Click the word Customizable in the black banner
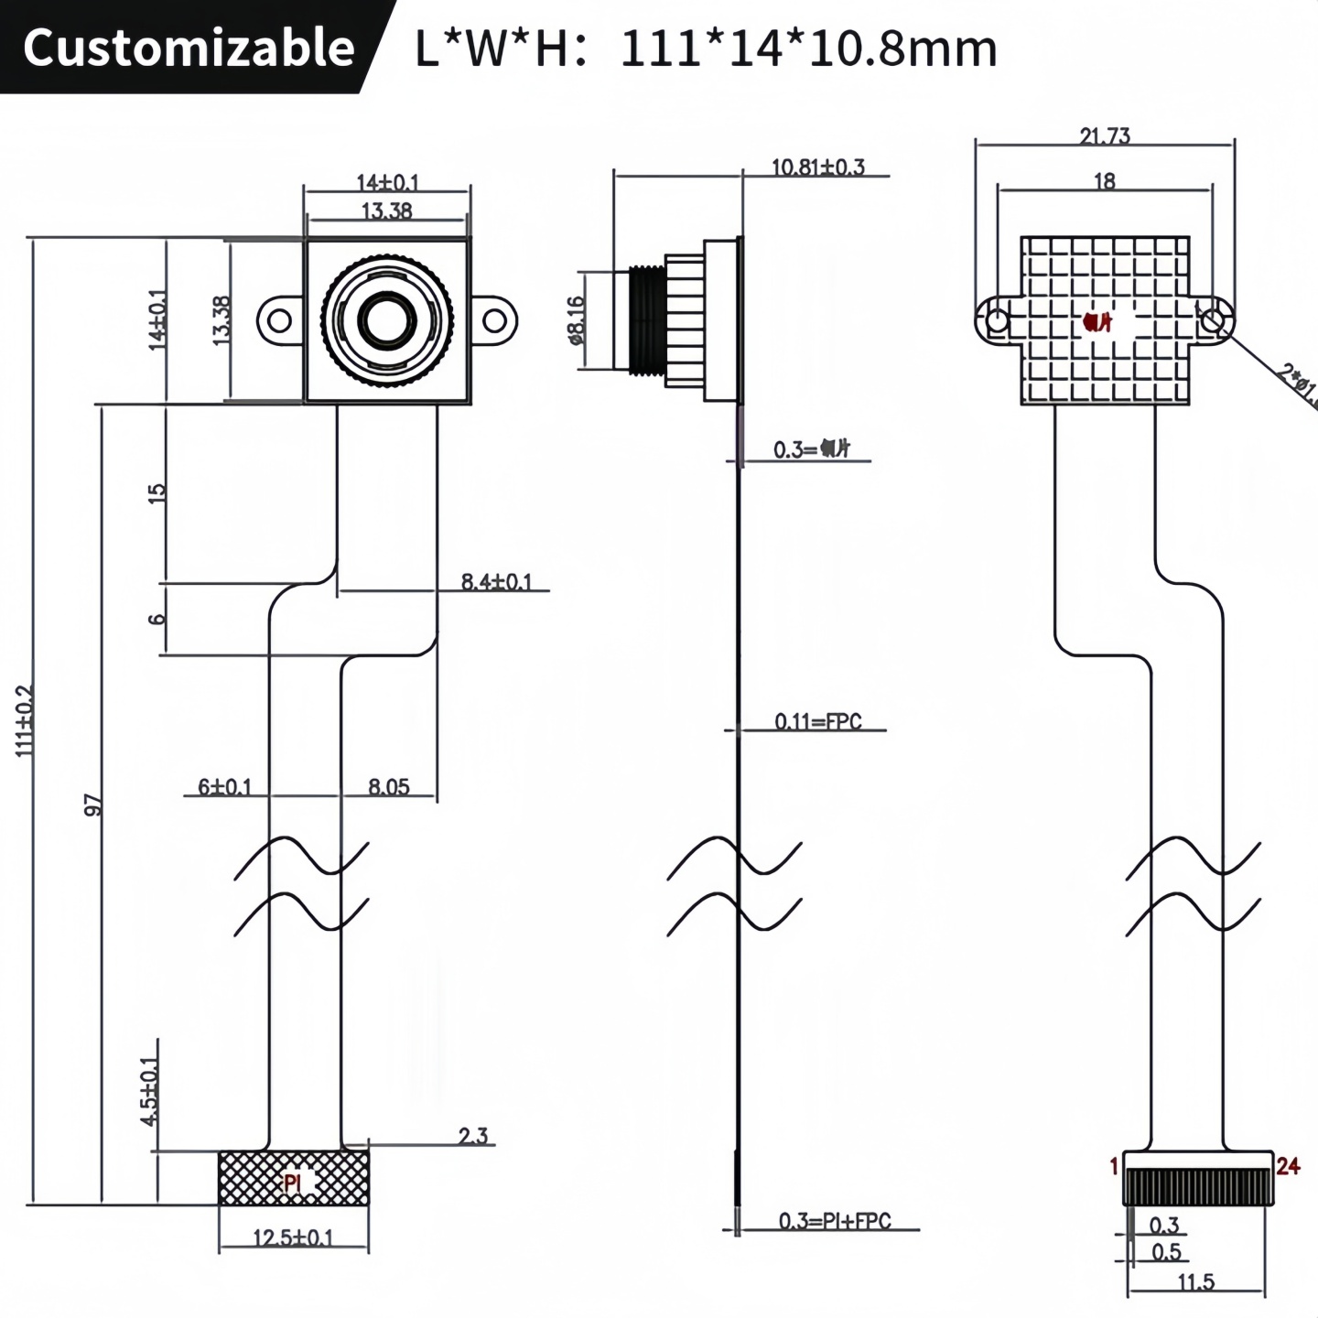tap(189, 47)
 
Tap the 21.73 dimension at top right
tap(1105, 136)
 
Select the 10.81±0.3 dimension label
tap(817, 167)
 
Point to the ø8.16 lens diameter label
tap(576, 319)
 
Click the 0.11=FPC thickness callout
tap(817, 721)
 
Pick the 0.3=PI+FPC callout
tap(834, 1221)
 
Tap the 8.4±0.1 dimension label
tap(496, 581)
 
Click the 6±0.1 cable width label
tap(224, 786)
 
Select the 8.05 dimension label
tap(388, 786)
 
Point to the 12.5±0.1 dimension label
tap(293, 1238)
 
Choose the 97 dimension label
tap(92, 805)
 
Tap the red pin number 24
tap(1288, 1166)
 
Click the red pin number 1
tap(1114, 1166)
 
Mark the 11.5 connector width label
tap(1195, 1282)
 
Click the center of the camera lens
tap(387, 319)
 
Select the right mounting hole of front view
tap(494, 320)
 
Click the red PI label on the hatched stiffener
tap(292, 1183)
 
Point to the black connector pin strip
tap(1198, 1187)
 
